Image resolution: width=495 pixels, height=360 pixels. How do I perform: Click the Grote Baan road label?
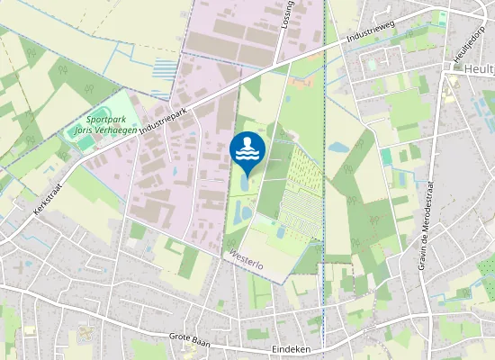coord(191,337)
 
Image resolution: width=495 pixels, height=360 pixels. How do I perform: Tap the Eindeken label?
coord(291,347)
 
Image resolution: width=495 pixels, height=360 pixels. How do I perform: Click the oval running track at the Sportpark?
coord(86,141)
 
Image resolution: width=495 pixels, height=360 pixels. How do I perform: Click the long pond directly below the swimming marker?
coord(244,184)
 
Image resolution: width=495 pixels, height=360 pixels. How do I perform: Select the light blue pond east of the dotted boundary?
coord(338,146)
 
